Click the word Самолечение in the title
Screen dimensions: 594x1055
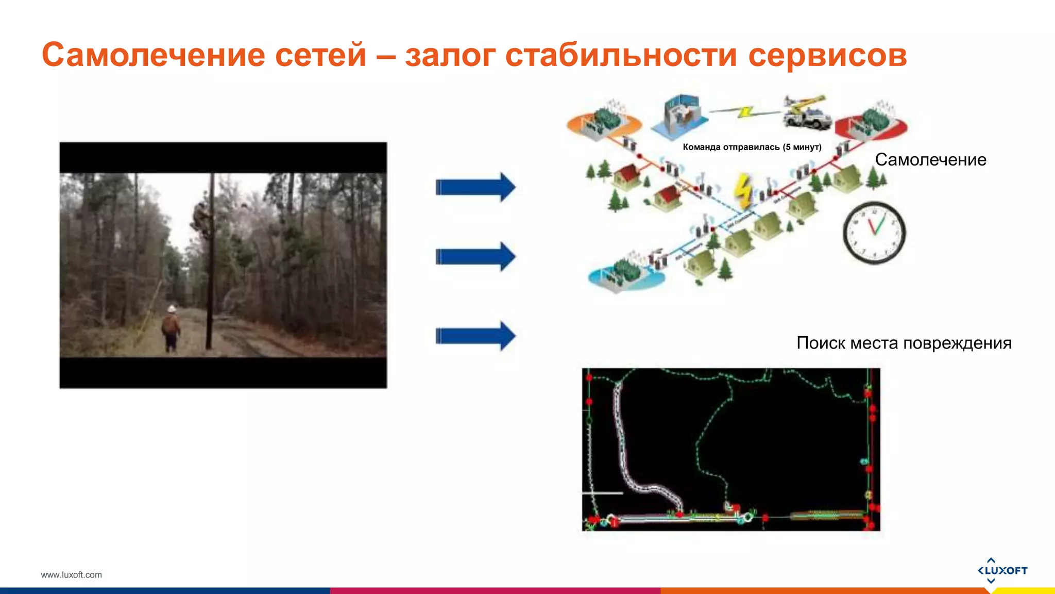click(x=152, y=55)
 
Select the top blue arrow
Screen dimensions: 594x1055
click(x=475, y=187)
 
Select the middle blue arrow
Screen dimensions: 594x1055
click(x=475, y=256)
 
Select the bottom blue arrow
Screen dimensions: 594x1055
click(x=475, y=336)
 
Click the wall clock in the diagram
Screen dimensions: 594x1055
click(x=874, y=233)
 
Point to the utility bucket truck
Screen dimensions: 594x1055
click(x=806, y=112)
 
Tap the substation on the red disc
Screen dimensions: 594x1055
click(x=872, y=122)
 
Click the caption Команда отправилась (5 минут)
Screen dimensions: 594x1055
click(x=752, y=147)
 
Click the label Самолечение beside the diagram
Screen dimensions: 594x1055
click(x=930, y=160)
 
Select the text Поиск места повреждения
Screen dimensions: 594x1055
click(x=904, y=343)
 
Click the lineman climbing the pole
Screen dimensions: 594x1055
click(x=201, y=219)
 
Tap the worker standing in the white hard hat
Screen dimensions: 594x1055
click(x=171, y=327)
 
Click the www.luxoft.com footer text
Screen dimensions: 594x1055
click(x=71, y=575)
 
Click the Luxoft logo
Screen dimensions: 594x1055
click(x=1002, y=570)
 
